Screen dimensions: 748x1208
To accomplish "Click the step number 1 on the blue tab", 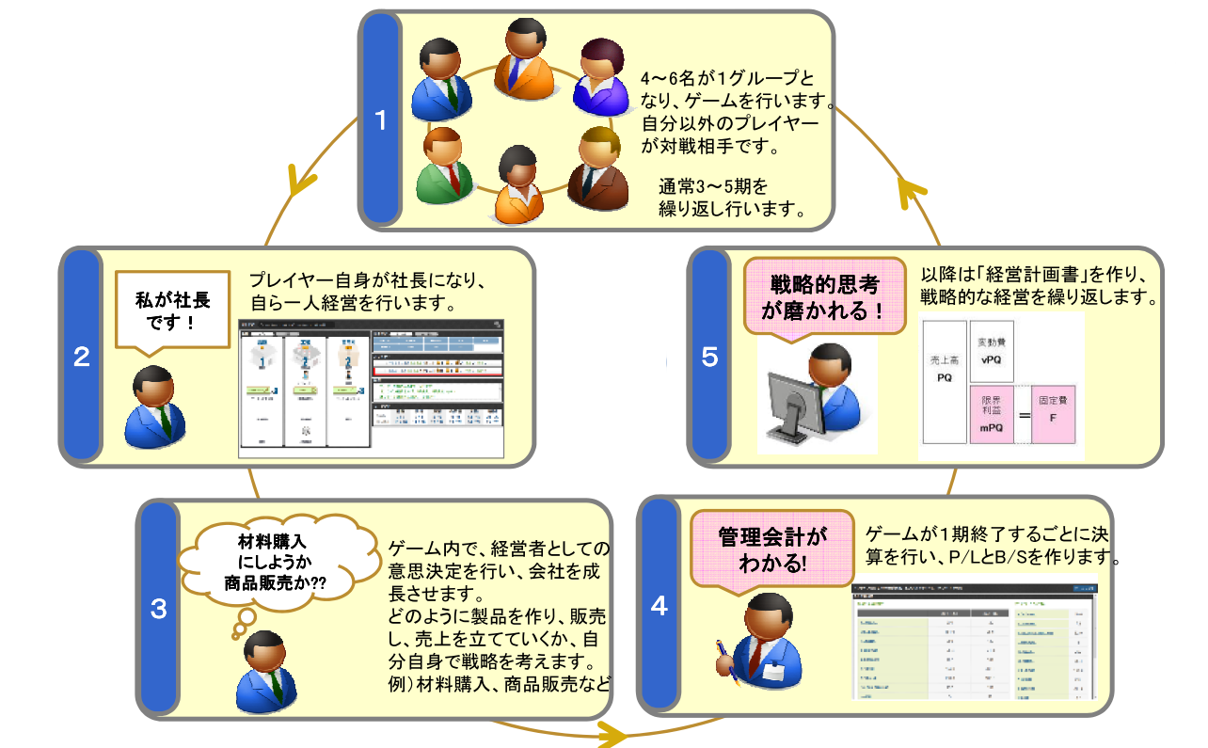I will [x=381, y=120].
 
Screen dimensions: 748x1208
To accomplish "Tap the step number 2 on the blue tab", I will [x=82, y=358].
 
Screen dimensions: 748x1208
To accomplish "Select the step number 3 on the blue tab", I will [x=158, y=609].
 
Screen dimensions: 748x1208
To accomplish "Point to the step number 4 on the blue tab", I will [x=659, y=606].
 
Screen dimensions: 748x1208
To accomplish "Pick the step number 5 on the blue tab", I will [x=710, y=357].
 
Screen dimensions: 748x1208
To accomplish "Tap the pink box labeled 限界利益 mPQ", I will [x=992, y=414].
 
